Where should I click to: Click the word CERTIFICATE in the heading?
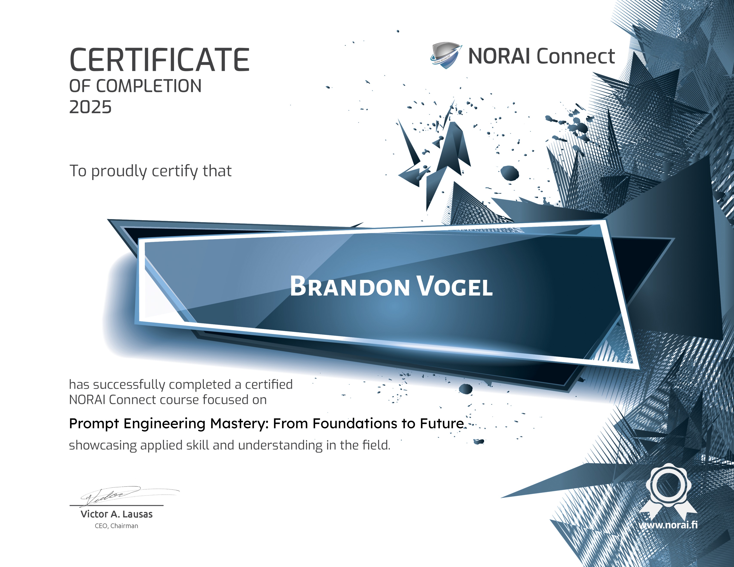click(159, 60)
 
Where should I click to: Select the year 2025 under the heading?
click(90, 107)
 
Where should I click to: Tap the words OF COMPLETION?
click(135, 86)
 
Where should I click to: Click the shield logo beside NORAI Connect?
click(445, 55)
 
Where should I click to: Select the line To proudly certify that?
click(150, 171)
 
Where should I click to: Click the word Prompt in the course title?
click(94, 424)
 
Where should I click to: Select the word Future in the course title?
click(442, 424)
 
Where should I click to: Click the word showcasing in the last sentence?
click(103, 445)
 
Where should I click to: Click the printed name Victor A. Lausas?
click(116, 514)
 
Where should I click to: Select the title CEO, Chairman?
click(116, 526)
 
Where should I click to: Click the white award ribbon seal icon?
click(668, 491)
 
